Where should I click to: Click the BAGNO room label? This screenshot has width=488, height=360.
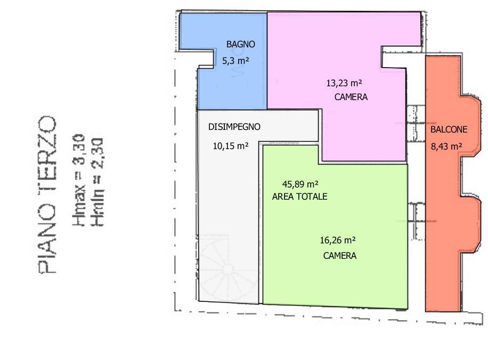point(241,44)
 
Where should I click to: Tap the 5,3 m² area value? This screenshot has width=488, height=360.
point(236,61)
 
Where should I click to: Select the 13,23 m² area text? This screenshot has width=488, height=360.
point(344,83)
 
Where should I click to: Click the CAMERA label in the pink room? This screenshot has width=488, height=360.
point(351,97)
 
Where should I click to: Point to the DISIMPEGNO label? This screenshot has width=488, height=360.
point(234,127)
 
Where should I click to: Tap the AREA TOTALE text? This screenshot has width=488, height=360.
point(299,197)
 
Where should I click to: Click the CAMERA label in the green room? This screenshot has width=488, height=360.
point(340,256)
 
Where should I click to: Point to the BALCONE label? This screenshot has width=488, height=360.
point(449,129)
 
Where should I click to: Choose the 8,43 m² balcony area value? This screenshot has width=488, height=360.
point(446,145)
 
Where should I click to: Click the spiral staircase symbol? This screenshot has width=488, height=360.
point(226,269)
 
